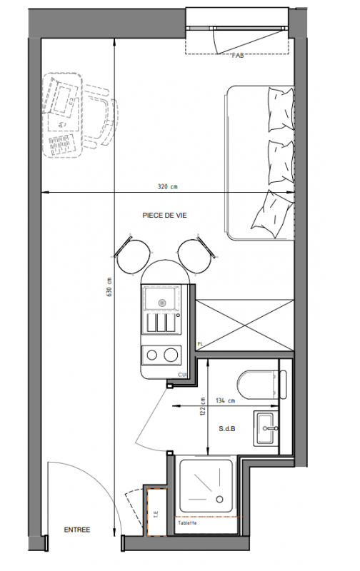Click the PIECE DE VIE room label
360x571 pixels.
(x=164, y=216)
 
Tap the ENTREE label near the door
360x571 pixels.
(x=77, y=530)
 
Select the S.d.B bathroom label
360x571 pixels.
(x=226, y=429)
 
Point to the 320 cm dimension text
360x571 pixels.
(x=167, y=186)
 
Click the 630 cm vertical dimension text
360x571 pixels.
(x=109, y=287)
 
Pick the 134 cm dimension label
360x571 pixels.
(x=225, y=400)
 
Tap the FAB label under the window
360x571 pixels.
(x=238, y=56)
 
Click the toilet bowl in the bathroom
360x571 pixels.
(x=257, y=385)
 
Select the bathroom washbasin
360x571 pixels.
(x=266, y=428)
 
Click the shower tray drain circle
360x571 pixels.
(x=219, y=499)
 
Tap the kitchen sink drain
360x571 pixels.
(x=161, y=302)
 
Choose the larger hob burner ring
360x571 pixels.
(x=171, y=355)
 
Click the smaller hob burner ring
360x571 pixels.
(x=152, y=355)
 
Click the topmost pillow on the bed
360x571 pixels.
(x=281, y=109)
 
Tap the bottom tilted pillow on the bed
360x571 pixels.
(x=273, y=213)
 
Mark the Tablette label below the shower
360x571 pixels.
(x=187, y=523)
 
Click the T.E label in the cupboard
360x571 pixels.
(x=156, y=515)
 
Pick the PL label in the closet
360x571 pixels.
(x=200, y=344)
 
